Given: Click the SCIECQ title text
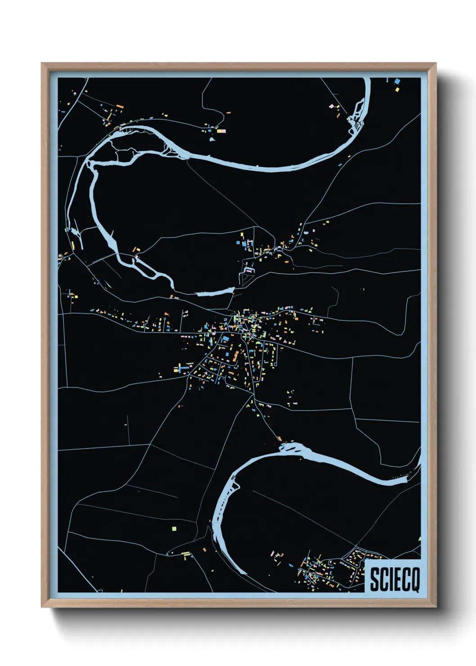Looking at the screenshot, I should tap(395, 580).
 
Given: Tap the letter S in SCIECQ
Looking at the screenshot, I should tap(374, 580).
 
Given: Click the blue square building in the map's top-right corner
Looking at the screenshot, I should tap(397, 81).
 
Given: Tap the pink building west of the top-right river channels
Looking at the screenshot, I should tap(332, 107).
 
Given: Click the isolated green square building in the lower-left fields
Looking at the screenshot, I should tap(174, 529).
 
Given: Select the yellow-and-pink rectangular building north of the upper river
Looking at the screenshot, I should tap(221, 131).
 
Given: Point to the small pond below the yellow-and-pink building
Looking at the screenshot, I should tap(212, 139).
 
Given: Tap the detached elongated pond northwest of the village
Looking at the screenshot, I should tap(215, 293).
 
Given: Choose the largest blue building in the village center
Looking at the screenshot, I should tap(225, 338).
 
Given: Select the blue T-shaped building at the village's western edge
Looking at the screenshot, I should tap(182, 369).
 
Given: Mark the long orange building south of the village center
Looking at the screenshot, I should tap(235, 357).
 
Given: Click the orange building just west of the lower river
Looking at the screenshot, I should tap(204, 549).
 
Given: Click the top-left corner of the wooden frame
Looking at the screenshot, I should tap(42, 63).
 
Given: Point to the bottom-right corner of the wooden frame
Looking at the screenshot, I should tap(436, 607).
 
